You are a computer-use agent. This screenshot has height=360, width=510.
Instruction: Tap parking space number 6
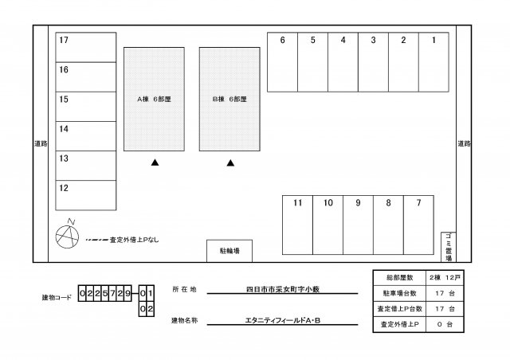[x=282, y=62]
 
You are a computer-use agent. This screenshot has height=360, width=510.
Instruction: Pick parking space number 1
[x=433, y=62]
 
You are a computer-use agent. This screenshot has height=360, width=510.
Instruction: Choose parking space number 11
[x=297, y=225]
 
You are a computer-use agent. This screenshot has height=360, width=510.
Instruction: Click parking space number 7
[x=418, y=225]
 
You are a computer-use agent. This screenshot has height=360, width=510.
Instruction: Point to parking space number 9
[x=358, y=225]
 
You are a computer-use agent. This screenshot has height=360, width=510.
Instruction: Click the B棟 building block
[x=229, y=100]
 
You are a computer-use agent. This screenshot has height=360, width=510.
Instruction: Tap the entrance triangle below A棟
[x=155, y=163]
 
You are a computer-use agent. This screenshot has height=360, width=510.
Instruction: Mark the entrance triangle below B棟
[x=230, y=163]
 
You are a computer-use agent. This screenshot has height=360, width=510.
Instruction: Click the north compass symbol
[x=67, y=235]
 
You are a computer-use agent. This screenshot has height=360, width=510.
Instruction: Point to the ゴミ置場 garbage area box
[x=448, y=247]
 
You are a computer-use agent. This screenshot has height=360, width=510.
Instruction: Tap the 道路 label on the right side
[x=464, y=143]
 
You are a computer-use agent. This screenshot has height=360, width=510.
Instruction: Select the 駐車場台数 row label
[x=398, y=293]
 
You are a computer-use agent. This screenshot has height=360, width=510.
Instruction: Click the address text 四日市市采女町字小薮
[x=283, y=291]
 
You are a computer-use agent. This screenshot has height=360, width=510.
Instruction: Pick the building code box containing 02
[x=146, y=307]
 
